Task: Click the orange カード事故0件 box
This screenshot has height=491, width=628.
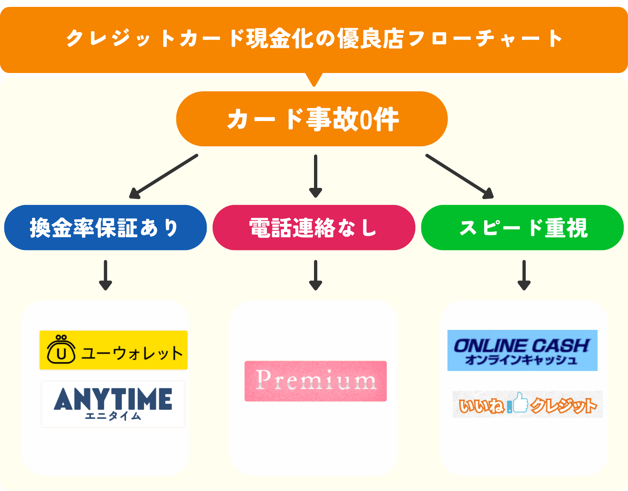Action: tap(312, 119)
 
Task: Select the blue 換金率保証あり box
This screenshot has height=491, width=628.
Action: tap(105, 228)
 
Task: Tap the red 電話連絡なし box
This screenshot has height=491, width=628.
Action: tap(314, 228)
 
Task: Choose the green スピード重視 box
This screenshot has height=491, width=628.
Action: tap(522, 228)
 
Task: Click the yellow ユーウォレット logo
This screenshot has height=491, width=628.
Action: tap(113, 350)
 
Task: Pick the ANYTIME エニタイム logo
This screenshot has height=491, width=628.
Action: tap(113, 404)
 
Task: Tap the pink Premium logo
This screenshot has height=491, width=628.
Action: tap(316, 381)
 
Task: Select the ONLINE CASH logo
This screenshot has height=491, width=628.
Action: tap(522, 350)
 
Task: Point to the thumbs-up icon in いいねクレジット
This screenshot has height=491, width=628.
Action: tap(520, 403)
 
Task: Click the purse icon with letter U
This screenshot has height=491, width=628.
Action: tap(61, 350)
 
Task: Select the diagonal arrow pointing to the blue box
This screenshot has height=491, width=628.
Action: tap(164, 176)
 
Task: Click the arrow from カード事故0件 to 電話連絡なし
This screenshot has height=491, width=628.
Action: tap(316, 176)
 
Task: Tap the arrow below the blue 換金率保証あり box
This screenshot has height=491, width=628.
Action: tap(105, 275)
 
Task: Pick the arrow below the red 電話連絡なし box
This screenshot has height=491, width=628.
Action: tap(316, 275)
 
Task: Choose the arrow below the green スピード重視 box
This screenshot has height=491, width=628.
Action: tap(524, 275)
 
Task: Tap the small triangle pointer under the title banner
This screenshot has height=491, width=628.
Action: tap(314, 82)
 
